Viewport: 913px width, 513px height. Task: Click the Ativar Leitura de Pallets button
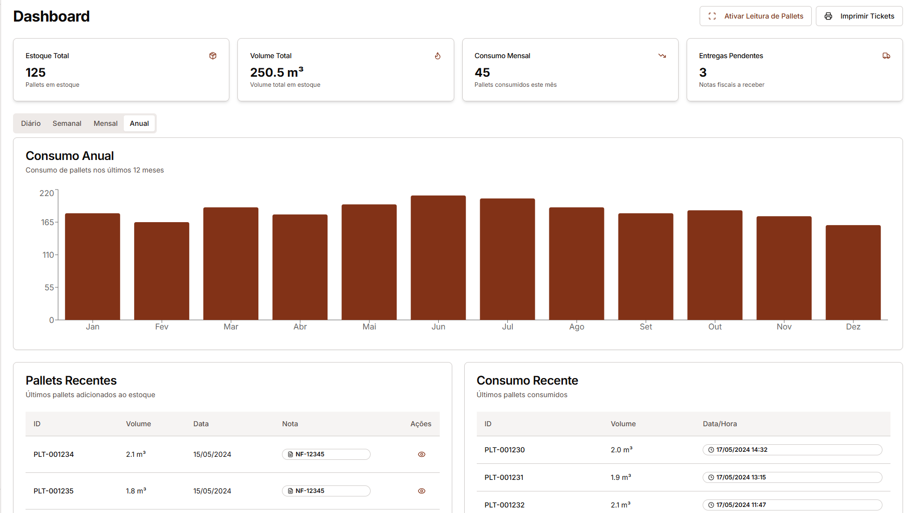click(755, 16)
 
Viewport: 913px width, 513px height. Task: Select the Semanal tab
click(67, 123)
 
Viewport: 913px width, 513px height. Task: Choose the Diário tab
click(31, 123)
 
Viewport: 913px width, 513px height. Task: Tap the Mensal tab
click(105, 123)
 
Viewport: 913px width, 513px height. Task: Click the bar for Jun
click(438, 258)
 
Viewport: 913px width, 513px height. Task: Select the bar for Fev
click(162, 271)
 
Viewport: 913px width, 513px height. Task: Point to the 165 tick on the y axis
click(47, 222)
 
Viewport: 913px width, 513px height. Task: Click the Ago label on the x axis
click(576, 326)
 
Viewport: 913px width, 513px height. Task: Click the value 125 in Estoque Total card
click(36, 72)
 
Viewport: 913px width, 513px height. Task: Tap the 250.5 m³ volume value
click(276, 72)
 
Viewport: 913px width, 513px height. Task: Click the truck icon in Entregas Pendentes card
click(886, 56)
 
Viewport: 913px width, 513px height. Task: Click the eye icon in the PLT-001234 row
click(422, 454)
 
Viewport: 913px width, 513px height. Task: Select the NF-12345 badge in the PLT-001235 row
click(326, 491)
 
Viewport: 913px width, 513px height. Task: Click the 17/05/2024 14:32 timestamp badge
click(792, 450)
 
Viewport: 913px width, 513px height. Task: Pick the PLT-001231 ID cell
click(504, 477)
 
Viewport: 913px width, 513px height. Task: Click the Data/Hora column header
click(720, 424)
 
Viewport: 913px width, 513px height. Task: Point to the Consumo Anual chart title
click(70, 156)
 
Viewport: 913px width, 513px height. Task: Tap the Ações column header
click(421, 424)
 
